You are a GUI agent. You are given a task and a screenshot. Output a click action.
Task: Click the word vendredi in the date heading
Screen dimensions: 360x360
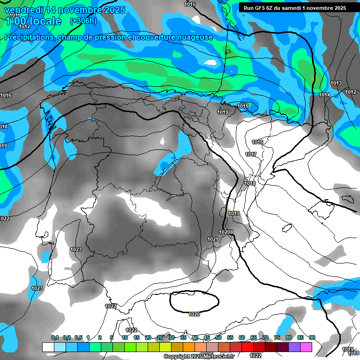[23, 9]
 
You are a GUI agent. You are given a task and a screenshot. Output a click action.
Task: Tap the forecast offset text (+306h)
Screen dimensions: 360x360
[83, 21]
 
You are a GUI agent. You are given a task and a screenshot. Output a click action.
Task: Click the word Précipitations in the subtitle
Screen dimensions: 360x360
[28, 37]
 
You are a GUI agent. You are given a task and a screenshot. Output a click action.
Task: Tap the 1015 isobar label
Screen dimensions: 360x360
[190, 4]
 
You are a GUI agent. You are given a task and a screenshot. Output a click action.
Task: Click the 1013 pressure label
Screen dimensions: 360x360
[336, 83]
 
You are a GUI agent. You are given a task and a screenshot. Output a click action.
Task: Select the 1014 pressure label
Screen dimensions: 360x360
[324, 95]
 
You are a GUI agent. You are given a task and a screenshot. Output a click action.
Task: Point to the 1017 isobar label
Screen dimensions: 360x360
[251, 154]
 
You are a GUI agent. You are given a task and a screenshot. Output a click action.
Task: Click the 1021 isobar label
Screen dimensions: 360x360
[213, 239]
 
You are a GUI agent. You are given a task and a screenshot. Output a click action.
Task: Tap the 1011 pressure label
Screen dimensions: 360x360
[15, 15]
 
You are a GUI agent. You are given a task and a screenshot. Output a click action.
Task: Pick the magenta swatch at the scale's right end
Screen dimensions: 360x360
[306, 347]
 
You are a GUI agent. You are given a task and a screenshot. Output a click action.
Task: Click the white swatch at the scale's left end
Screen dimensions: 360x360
[48, 347]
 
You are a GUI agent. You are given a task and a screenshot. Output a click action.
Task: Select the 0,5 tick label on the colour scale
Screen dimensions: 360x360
[78, 337]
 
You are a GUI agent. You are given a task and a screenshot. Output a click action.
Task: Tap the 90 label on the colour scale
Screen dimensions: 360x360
[312, 337]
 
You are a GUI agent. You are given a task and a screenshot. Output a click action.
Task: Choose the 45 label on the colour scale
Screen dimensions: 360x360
[207, 337]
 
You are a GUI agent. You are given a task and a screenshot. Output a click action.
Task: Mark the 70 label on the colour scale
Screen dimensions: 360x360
[265, 337]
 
